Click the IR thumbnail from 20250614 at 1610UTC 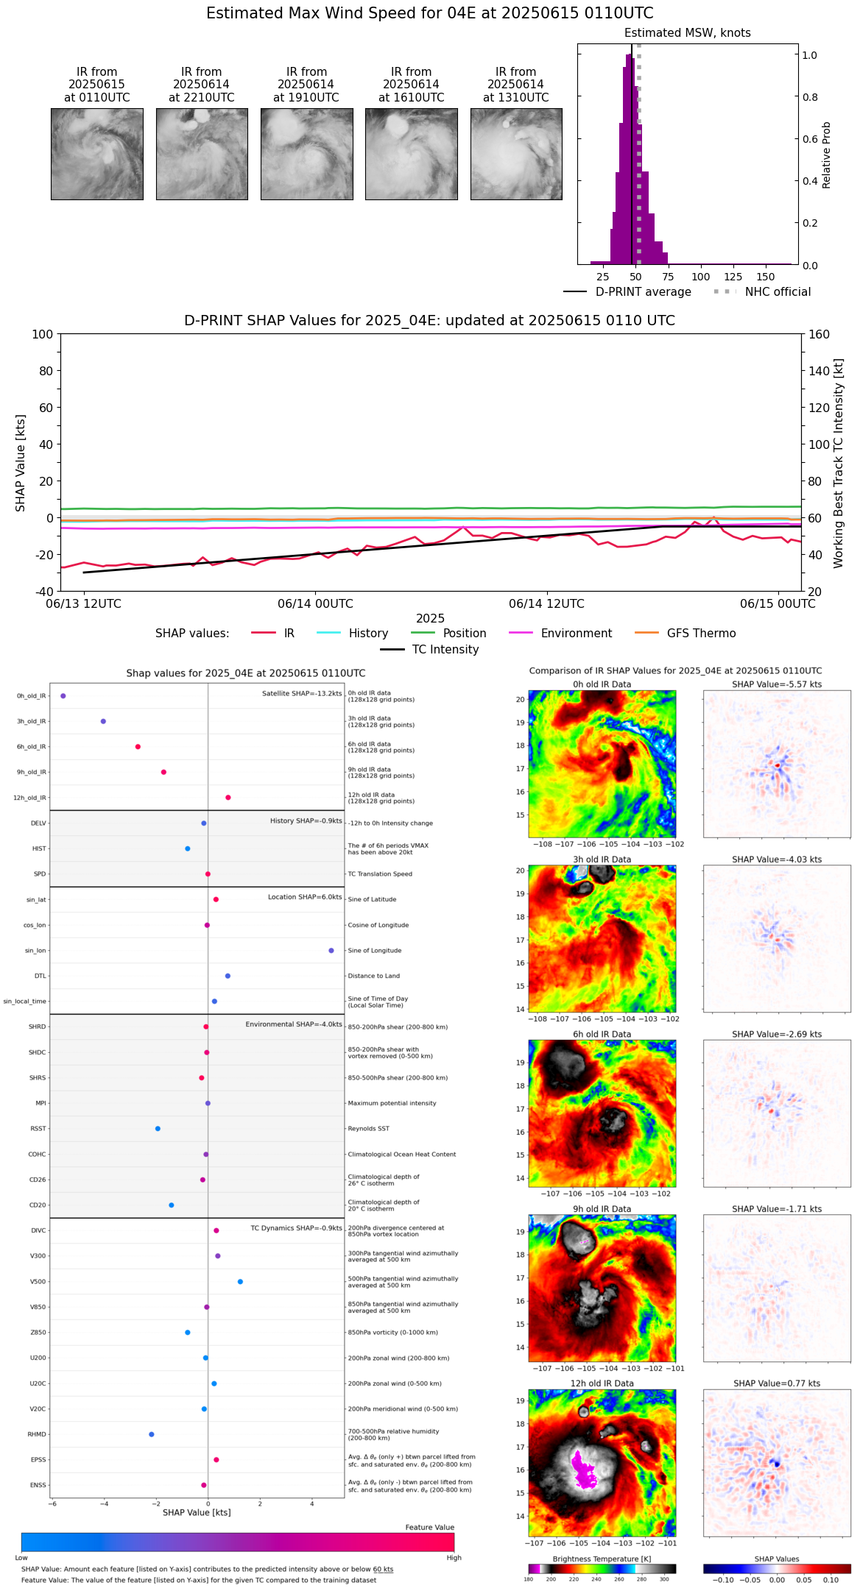[x=411, y=154]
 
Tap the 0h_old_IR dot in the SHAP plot [x=63, y=695]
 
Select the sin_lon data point [x=331, y=950]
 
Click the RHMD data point [x=152, y=1434]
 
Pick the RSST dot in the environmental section [x=158, y=1128]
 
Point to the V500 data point [x=240, y=1281]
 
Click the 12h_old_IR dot [x=228, y=797]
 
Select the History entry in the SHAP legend [x=368, y=633]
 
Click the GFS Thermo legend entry [x=701, y=633]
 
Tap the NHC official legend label [x=778, y=291]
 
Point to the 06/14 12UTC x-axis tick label [x=546, y=603]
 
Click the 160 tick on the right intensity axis [x=819, y=334]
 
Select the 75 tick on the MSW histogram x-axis [x=668, y=277]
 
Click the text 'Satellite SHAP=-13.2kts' [x=302, y=693]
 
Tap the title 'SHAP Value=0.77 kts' [x=777, y=1383]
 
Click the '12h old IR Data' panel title [x=602, y=1383]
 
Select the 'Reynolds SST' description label [x=368, y=1128]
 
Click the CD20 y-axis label [x=38, y=1205]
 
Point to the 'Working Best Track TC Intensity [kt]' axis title [x=839, y=464]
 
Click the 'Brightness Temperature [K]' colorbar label [x=602, y=1559]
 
